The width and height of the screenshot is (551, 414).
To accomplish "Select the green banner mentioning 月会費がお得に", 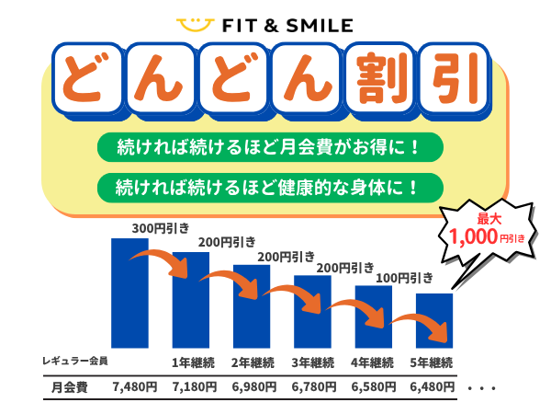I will coord(269,147).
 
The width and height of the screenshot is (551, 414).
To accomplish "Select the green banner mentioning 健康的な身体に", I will coord(269,187).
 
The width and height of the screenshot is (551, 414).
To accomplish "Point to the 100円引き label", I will coord(404,277).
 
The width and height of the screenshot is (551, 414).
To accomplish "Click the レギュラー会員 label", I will coord(75,361).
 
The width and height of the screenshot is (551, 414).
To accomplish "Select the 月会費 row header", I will coord(69,387).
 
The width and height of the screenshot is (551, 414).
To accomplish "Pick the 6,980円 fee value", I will coord(252,387).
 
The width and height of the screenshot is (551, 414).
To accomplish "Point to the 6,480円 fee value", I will coord(432,387).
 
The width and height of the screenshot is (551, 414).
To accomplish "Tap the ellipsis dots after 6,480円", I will coord(483,388).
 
